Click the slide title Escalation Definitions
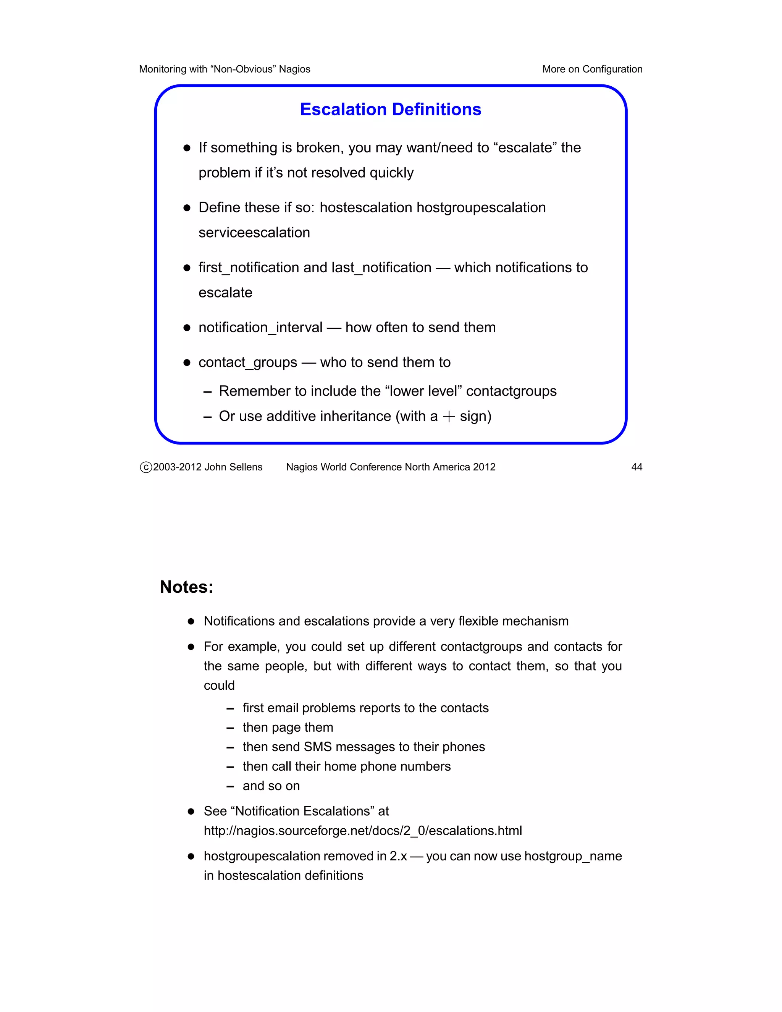pyautogui.click(x=391, y=109)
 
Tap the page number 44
pyautogui.click(x=637, y=467)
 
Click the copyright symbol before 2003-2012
pyautogui.click(x=146, y=467)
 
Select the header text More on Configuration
pyautogui.click(x=592, y=69)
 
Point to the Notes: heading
pyautogui.click(x=186, y=587)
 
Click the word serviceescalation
pyautogui.click(x=254, y=233)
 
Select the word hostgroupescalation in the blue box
pyautogui.click(x=481, y=208)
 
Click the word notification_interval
pyautogui.click(x=260, y=328)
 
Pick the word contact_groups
pyautogui.click(x=248, y=362)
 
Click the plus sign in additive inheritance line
pyautogui.click(x=448, y=417)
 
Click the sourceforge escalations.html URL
pyautogui.click(x=363, y=830)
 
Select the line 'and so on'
pyautogui.click(x=271, y=786)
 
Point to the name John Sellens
pyautogui.click(x=233, y=467)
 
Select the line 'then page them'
pyautogui.click(x=288, y=727)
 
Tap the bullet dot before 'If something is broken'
pyautogui.click(x=187, y=148)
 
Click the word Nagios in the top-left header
pyautogui.click(x=295, y=69)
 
